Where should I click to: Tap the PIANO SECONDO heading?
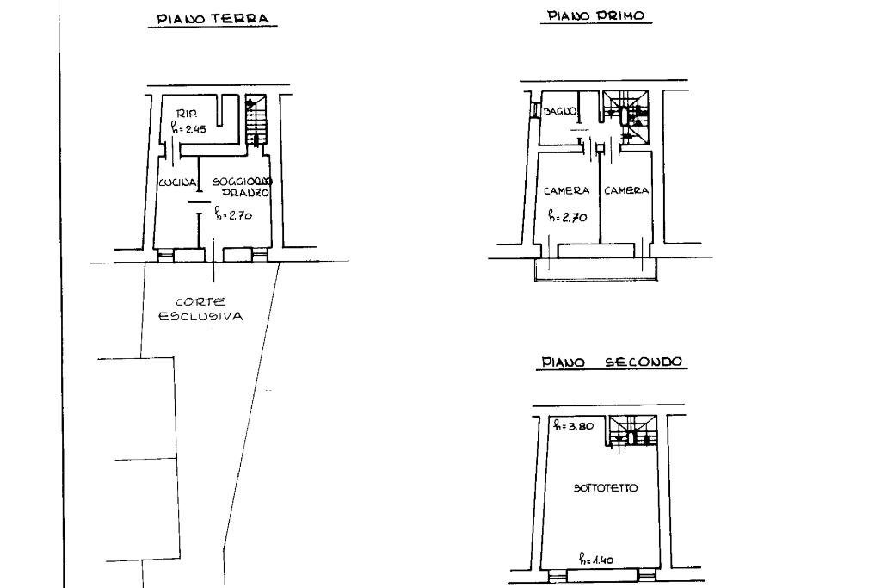[611, 362]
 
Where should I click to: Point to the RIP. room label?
[187, 114]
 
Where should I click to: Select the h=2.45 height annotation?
[189, 129]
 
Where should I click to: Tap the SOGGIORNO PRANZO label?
[243, 187]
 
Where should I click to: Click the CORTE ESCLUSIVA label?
[200, 309]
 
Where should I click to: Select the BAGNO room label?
[559, 112]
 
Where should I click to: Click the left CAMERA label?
[566, 190]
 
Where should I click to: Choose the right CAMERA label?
[625, 190]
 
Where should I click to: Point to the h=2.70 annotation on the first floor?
[568, 217]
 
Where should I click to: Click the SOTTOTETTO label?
[606, 488]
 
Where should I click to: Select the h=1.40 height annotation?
[595, 560]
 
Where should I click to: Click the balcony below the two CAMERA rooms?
[595, 269]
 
